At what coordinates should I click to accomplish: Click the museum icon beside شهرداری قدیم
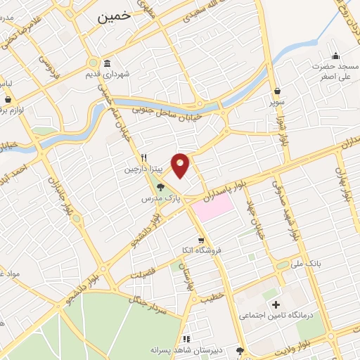click(x=107, y=63)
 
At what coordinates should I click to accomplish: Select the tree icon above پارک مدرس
click(x=160, y=187)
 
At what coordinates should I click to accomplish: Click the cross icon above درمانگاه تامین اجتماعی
click(x=275, y=304)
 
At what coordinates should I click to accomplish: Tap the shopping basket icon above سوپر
click(x=279, y=91)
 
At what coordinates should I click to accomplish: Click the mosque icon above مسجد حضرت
click(x=335, y=56)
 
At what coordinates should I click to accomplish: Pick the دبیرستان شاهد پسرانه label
click(x=186, y=349)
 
